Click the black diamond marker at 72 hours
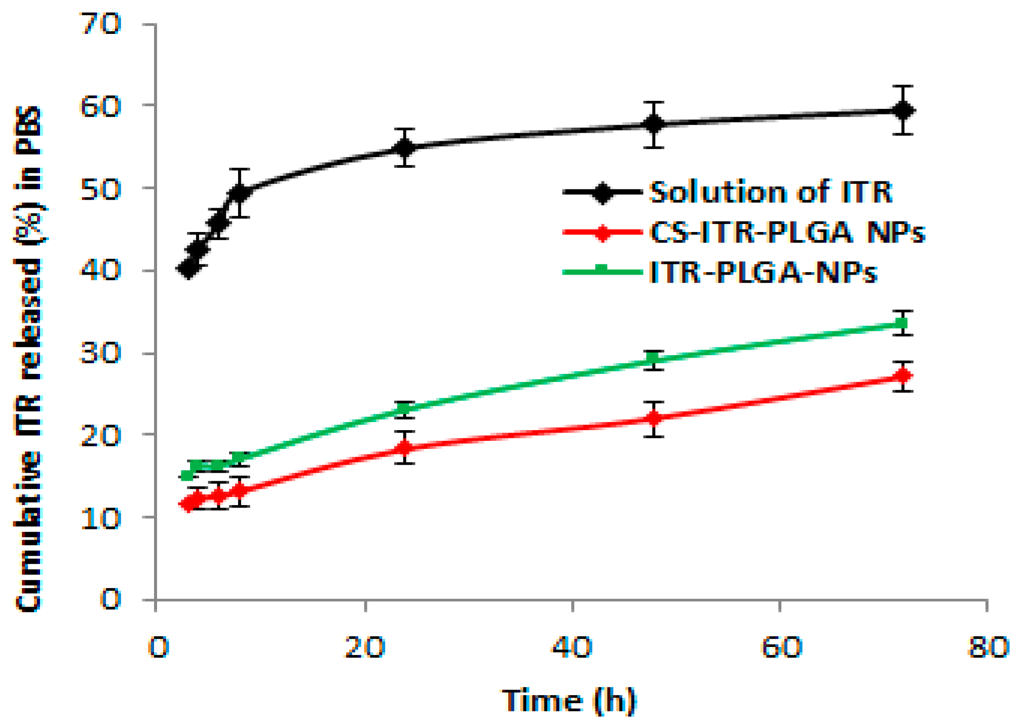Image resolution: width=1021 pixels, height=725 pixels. tap(902, 110)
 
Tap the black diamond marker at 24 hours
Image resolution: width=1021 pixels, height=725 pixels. tap(404, 148)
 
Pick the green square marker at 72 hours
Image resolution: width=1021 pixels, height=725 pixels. tap(902, 323)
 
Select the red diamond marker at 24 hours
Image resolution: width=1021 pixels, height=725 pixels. tap(404, 447)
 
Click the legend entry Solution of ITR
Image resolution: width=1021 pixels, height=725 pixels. tap(770, 192)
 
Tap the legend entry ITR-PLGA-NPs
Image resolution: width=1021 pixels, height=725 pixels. tap(763, 273)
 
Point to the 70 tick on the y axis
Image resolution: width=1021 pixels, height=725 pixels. tap(101, 24)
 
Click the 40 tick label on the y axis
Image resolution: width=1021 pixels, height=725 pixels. tap(101, 270)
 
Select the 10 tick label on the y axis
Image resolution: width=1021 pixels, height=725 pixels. tap(101, 518)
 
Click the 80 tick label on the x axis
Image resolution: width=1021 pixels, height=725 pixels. tap(988, 647)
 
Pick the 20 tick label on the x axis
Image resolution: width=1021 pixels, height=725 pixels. tap(364, 647)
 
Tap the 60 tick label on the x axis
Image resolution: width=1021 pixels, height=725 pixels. tap(781, 647)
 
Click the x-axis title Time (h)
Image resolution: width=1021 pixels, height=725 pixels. tap(569, 701)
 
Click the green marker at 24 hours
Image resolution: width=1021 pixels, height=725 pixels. tap(404, 408)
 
